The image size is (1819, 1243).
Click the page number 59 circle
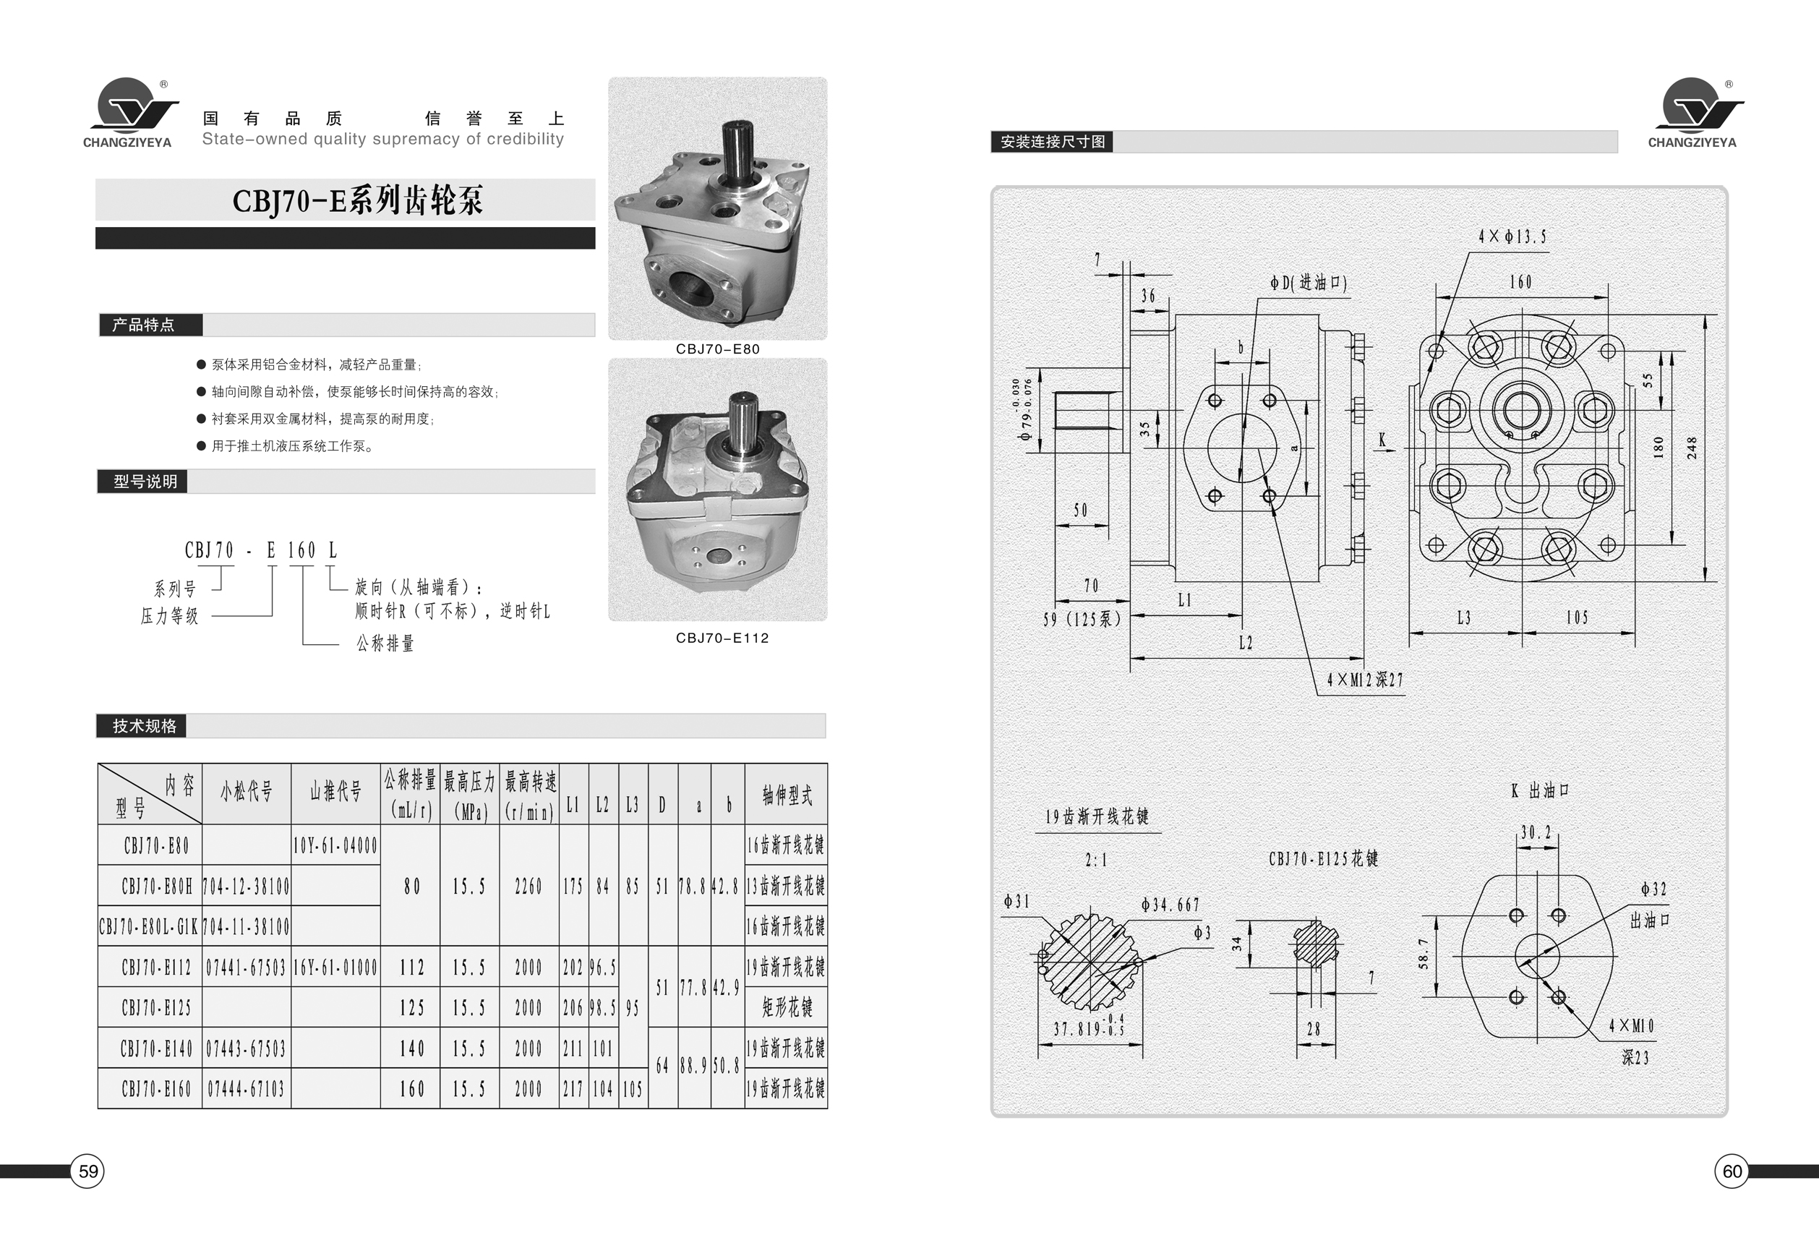(x=87, y=1171)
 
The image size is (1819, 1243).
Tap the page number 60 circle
(x=1732, y=1171)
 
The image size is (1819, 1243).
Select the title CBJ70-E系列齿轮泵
(x=358, y=200)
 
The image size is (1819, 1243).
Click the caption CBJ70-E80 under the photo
(x=718, y=349)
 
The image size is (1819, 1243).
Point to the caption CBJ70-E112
(x=722, y=638)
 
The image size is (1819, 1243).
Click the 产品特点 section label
(x=143, y=325)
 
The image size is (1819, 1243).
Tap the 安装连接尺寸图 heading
(x=1053, y=142)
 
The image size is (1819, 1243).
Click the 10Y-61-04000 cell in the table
(x=335, y=845)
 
